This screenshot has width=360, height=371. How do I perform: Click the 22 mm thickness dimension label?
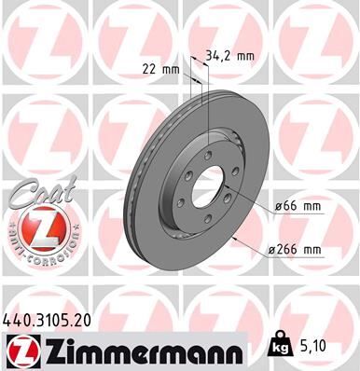pos(158,68)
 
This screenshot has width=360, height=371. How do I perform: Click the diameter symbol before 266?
pos(270,249)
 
